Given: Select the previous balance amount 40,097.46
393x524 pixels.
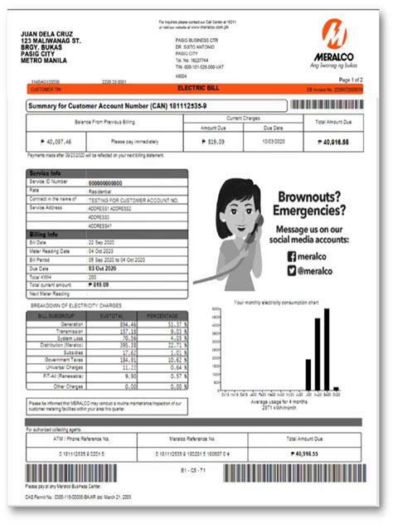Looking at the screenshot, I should click(52, 142).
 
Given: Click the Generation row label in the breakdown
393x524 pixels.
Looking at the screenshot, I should click(71, 325).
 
